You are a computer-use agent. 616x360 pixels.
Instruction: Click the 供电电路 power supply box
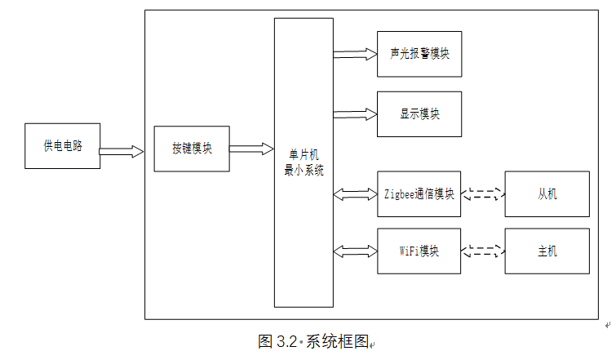[x=63, y=146]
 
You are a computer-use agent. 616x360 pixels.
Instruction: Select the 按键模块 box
[x=192, y=149]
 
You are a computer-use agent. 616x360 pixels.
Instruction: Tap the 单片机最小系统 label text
[x=304, y=162]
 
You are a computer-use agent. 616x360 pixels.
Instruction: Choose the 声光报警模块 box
[x=419, y=54]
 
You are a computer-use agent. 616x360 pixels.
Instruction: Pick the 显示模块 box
[x=419, y=114]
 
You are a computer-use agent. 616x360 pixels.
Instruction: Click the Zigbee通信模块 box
[x=419, y=193]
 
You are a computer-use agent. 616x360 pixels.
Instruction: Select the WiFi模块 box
[x=419, y=251]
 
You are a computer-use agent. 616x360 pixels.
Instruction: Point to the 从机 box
[x=547, y=193]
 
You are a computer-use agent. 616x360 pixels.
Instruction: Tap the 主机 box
[x=547, y=251]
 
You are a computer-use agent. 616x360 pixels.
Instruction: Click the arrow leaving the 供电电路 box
[x=122, y=151]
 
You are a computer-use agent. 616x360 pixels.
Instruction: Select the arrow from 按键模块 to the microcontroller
[x=251, y=149]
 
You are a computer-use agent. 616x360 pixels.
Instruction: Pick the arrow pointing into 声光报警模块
[x=355, y=54]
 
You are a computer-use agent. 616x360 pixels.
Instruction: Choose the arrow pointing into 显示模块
[x=355, y=114]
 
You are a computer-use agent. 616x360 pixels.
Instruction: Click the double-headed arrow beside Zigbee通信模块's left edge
[x=355, y=194]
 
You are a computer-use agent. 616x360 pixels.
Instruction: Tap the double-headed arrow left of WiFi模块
[x=355, y=251]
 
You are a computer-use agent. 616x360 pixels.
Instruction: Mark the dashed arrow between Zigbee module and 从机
[x=483, y=193]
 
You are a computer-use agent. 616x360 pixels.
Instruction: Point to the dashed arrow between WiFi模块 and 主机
[x=483, y=251]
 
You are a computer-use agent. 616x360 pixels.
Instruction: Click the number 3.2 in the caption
[x=286, y=341]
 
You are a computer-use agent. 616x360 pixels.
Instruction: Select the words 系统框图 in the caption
[x=337, y=341]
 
